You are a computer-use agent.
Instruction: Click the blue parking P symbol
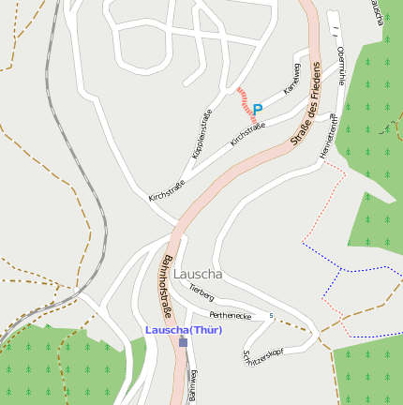point(258,110)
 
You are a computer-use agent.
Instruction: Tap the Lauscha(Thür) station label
point(184,330)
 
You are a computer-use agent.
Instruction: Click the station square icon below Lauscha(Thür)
point(183,343)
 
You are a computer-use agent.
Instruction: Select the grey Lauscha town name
point(198,274)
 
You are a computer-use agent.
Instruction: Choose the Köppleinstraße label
point(201,133)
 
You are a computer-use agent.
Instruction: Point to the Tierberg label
point(201,293)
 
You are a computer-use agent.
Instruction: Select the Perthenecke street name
point(230,315)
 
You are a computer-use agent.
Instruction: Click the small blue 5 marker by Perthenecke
point(271,315)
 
